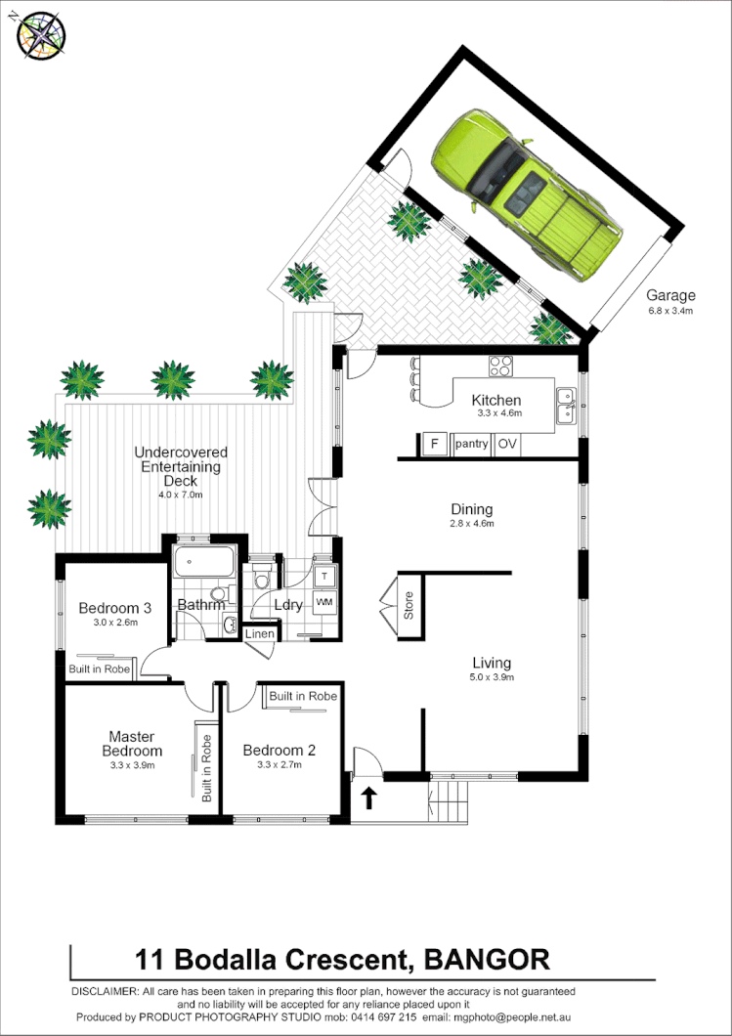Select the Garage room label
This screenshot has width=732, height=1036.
point(670,295)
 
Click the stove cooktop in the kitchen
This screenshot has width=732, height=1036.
point(501,367)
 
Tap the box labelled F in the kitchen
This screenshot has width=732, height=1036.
point(433,445)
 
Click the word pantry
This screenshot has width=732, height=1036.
point(470,445)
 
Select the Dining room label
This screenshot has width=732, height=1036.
point(471,509)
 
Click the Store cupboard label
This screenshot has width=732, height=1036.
point(409,606)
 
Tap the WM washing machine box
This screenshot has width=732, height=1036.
point(324,601)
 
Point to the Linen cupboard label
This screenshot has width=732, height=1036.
point(259,634)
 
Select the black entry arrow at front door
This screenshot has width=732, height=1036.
point(368,799)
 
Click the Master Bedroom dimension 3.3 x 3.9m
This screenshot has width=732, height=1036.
point(133,765)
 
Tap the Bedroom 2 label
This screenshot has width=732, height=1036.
point(280,751)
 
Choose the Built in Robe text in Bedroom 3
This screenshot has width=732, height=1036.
point(99,670)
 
